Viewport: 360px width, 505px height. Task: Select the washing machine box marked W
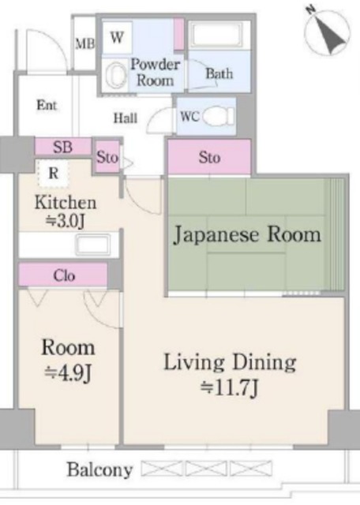[117, 36]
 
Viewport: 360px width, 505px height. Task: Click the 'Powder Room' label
[155, 72]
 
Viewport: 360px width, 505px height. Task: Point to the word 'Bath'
[219, 74]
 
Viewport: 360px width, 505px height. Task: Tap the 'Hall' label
[126, 118]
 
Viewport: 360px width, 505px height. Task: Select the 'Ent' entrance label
[47, 105]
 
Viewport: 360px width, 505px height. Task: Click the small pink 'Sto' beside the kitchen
[107, 157]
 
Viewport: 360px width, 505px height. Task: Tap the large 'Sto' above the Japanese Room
[209, 157]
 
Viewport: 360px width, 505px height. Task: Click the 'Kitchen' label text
[66, 203]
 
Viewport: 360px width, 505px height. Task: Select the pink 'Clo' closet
[64, 275]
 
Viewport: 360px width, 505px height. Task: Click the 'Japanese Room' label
[247, 234]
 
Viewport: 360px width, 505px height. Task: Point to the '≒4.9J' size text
[69, 372]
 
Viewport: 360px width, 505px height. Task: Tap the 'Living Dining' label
[230, 363]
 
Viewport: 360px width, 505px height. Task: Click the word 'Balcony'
[99, 470]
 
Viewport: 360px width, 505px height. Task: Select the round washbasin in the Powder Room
[115, 76]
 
